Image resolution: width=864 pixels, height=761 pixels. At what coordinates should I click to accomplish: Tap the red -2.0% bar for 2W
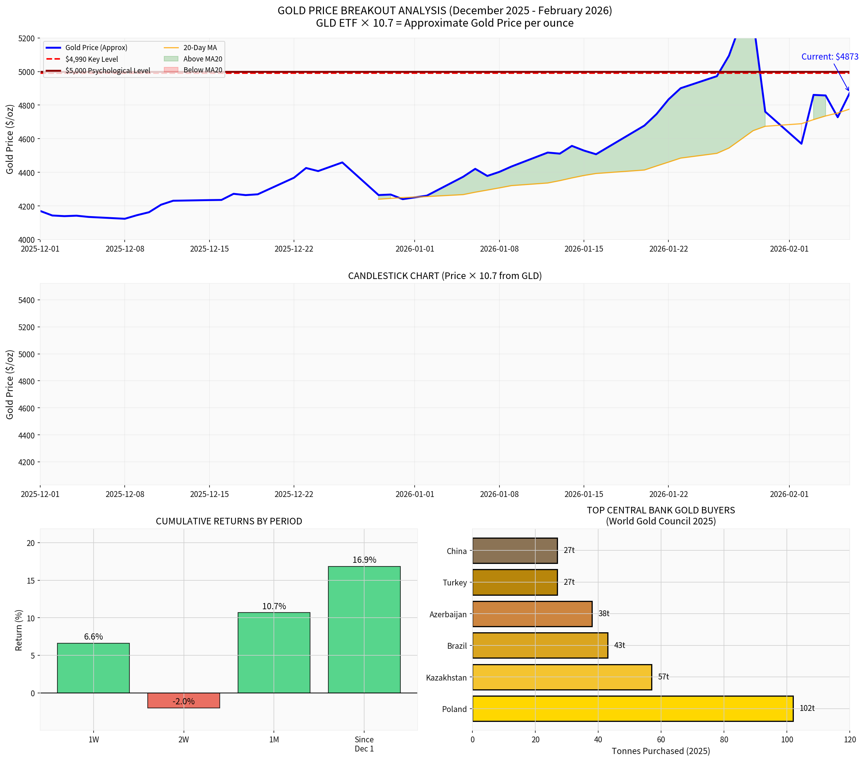(184, 701)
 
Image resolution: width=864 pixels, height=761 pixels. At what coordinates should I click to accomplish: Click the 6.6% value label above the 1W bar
(93, 636)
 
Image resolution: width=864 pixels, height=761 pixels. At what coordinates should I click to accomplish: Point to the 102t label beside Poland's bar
(807, 708)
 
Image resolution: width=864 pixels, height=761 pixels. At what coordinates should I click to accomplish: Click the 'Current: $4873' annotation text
(829, 57)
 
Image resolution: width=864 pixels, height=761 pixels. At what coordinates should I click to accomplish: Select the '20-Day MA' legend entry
(200, 48)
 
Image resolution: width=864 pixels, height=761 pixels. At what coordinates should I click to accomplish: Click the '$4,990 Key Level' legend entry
(91, 59)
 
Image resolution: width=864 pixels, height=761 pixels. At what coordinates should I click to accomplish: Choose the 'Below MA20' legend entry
(203, 70)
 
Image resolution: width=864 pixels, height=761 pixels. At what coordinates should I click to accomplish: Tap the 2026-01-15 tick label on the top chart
(584, 249)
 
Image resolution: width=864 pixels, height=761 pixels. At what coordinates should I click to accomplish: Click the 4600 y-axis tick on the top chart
(26, 139)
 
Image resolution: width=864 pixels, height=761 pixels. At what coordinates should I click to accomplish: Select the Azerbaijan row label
(448, 614)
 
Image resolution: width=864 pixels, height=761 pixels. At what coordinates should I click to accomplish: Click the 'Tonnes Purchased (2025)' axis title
(661, 751)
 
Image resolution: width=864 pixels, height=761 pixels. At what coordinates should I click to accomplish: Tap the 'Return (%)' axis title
(19, 630)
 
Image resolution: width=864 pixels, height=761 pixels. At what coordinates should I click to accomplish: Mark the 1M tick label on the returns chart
(274, 739)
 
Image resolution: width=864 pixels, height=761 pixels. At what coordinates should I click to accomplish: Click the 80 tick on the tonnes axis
(724, 739)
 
